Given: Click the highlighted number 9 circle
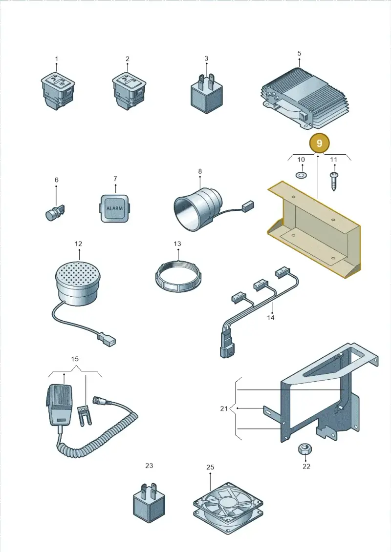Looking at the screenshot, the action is click(319, 143).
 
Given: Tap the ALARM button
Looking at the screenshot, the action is click(114, 208).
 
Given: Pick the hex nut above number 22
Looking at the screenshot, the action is click(304, 449).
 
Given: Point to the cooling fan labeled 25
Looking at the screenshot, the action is click(228, 503).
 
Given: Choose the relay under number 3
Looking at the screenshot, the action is click(207, 93).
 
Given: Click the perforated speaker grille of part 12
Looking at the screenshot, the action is click(78, 273).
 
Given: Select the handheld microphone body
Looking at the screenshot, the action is click(60, 404).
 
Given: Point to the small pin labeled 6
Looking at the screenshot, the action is click(55, 212).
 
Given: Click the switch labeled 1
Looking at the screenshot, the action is click(58, 91).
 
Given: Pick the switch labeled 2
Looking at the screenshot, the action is click(129, 91).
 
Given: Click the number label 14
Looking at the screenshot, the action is click(270, 318).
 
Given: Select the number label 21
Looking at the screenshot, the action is click(224, 409).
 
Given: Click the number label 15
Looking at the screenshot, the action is click(75, 359).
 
